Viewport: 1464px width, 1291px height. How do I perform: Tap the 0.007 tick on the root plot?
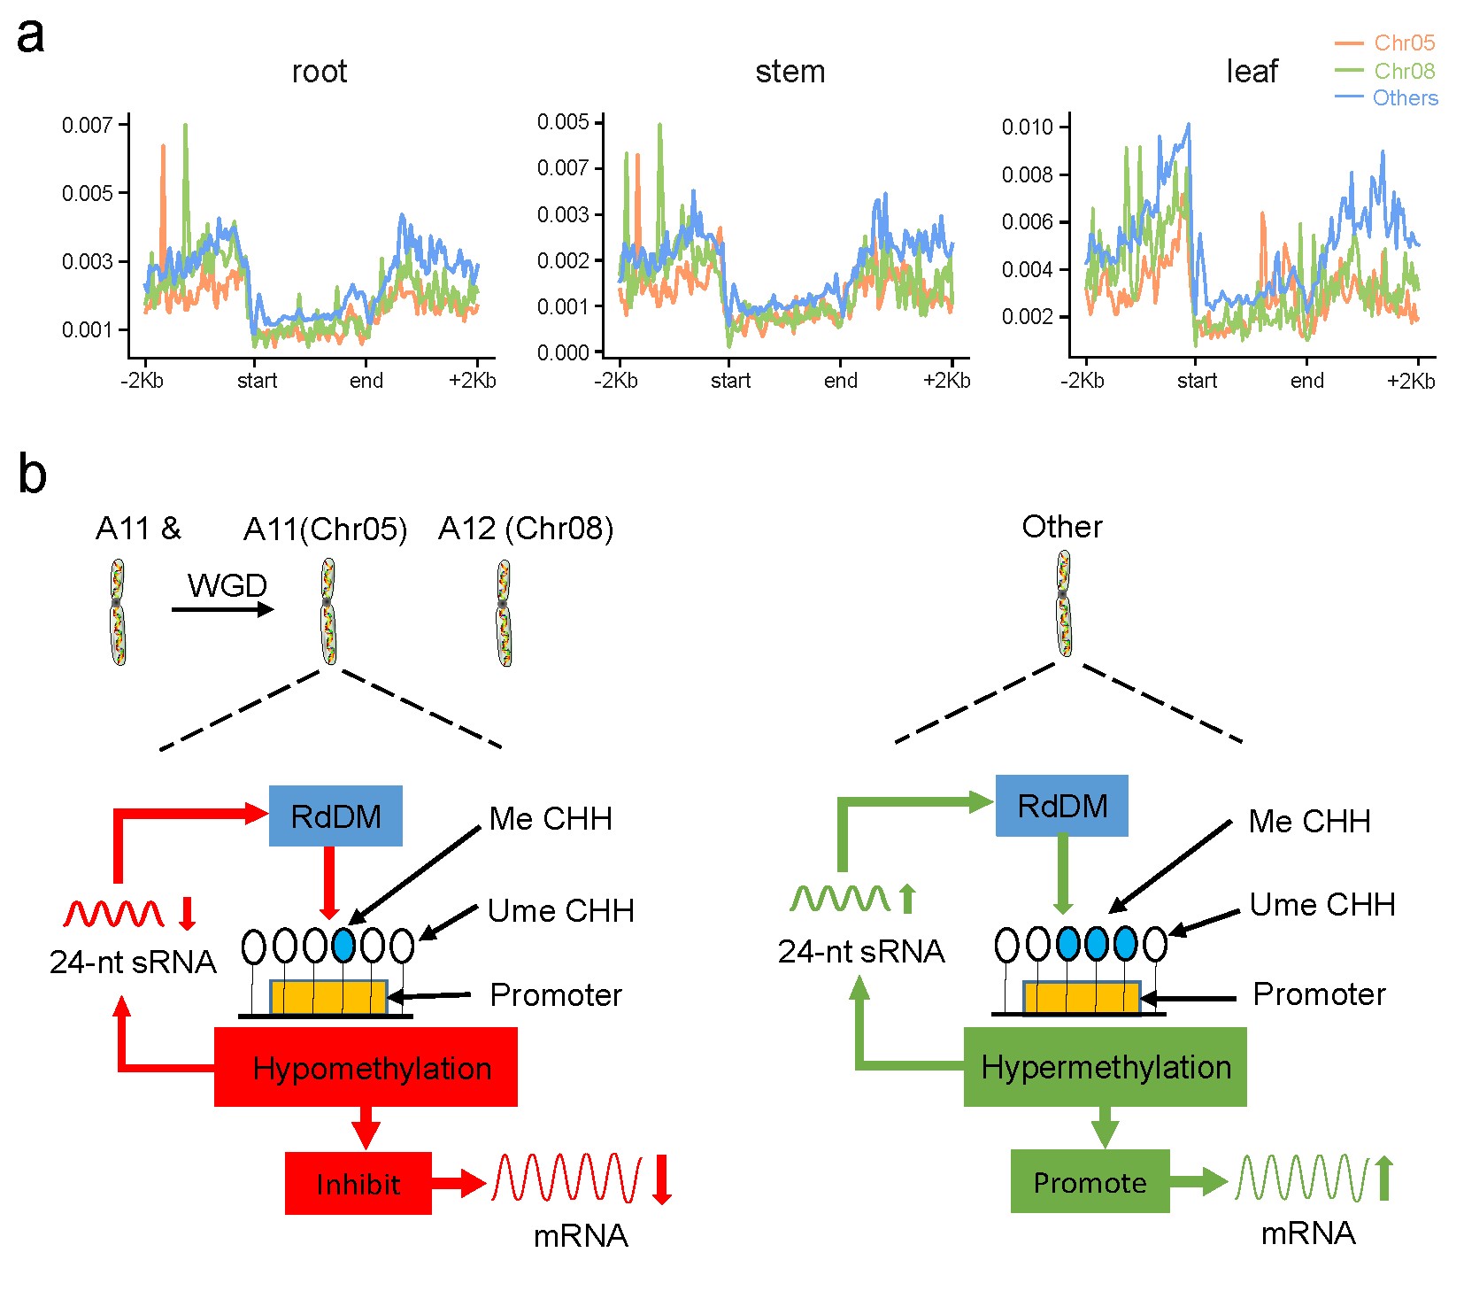(87, 125)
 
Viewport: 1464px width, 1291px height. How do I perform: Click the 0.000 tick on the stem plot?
(562, 352)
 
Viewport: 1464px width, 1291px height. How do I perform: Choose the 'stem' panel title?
(790, 72)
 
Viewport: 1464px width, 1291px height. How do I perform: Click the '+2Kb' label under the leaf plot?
(1410, 381)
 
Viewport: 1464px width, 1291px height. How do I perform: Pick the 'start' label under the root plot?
(257, 381)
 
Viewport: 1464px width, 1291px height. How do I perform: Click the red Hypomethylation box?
(366, 1067)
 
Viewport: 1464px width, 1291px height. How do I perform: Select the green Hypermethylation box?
(1105, 1067)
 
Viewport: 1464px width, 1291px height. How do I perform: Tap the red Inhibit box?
(358, 1183)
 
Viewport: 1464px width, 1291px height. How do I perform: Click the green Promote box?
(1090, 1181)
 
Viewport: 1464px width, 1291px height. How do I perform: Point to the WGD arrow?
(222, 609)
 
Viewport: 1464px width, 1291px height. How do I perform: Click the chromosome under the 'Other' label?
(1064, 604)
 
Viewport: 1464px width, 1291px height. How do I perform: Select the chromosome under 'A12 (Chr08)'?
(504, 613)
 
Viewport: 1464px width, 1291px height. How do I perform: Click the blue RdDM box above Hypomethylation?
(335, 816)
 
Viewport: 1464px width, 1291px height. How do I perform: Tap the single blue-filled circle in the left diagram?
(343, 946)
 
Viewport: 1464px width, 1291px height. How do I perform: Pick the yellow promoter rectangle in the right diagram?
(1082, 998)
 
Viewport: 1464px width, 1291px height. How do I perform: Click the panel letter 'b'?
(32, 475)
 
